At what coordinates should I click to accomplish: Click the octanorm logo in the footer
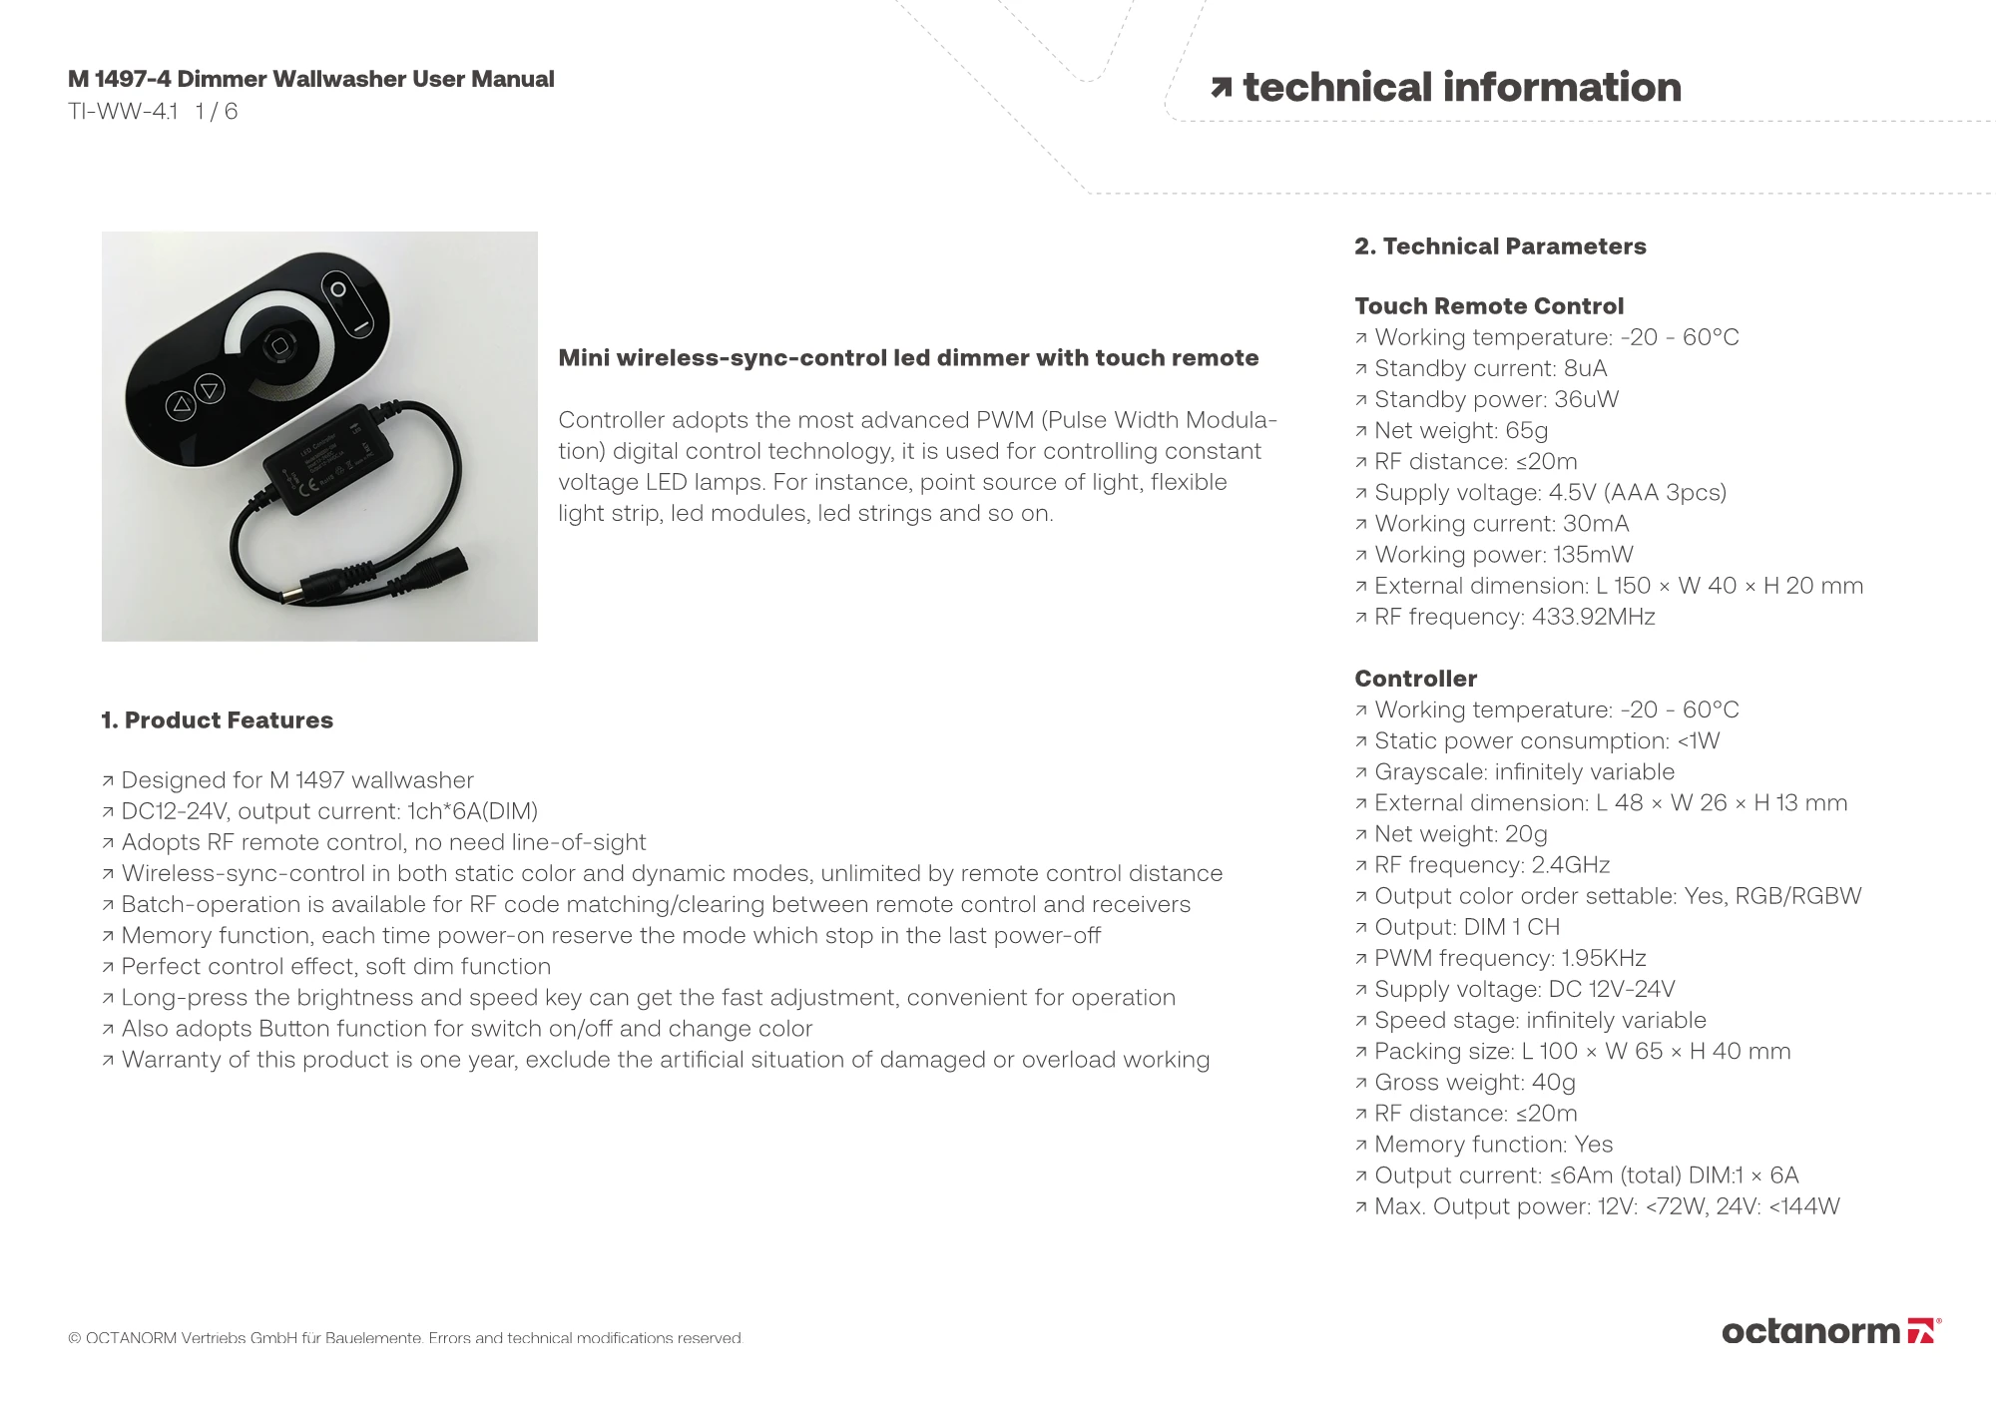[1830, 1331]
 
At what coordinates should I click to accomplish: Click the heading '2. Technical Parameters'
[1500, 246]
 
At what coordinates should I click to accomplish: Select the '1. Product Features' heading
[217, 720]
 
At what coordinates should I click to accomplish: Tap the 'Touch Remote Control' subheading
[1488, 306]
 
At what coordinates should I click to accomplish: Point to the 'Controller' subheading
[1415, 679]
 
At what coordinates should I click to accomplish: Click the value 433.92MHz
[1593, 617]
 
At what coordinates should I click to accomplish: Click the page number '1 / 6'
[217, 112]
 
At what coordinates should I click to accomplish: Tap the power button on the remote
[338, 290]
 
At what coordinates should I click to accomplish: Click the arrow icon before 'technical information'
[1221, 88]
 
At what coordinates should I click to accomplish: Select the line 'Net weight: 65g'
[1461, 431]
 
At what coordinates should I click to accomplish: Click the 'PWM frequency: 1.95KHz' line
[1510, 958]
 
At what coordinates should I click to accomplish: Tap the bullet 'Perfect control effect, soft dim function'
[335, 967]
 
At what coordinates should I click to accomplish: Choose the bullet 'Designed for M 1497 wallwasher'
[296, 780]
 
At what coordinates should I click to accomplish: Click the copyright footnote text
[405, 1338]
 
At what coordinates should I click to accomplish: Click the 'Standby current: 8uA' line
[1490, 369]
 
